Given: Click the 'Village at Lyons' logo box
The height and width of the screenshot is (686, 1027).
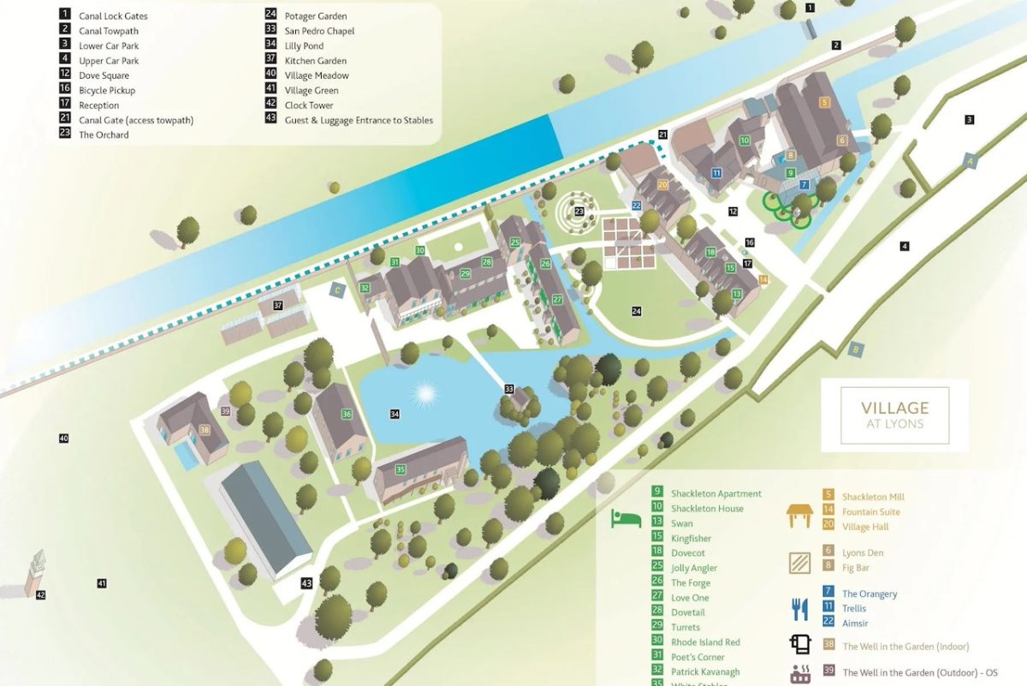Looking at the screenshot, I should point(894,415).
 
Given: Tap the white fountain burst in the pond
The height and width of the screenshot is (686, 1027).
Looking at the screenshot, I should point(424,394).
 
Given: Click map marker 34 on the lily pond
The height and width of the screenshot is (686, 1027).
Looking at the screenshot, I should point(395,415).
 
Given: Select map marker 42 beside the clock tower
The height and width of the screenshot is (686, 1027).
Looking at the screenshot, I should point(40,594).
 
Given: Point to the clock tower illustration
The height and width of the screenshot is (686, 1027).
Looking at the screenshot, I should point(35,569).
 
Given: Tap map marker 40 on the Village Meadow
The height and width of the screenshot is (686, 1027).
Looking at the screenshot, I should point(63,438).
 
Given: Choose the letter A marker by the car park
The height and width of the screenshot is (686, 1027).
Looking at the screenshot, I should point(970,159).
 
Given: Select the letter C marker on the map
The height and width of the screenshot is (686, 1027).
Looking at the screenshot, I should point(338,290).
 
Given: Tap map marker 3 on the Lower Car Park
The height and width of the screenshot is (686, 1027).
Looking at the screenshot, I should point(970,120).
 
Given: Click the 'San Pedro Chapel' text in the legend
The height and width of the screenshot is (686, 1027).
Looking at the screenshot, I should point(319,31).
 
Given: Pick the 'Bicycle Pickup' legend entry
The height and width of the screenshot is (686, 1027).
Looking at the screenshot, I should point(107,90).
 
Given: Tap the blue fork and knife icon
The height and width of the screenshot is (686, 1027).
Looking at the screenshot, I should point(799,608).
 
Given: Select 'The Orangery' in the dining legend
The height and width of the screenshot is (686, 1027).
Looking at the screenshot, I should point(869,594).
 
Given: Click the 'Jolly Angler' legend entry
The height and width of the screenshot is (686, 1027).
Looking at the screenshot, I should point(694,568).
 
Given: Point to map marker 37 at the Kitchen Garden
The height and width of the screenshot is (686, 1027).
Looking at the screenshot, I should point(277,305).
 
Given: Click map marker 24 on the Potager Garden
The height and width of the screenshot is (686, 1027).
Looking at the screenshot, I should point(636,311).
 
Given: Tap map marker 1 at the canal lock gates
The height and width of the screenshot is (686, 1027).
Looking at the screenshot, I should point(810,8).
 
